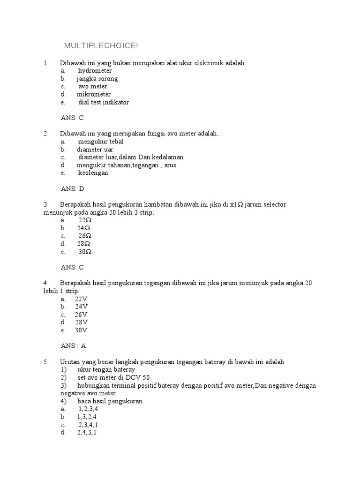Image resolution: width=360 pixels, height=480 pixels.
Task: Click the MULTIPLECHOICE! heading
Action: click(x=101, y=46)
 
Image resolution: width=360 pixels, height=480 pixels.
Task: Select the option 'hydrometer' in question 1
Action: click(x=95, y=71)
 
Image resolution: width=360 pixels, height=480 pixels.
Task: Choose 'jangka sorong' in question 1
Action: click(x=97, y=79)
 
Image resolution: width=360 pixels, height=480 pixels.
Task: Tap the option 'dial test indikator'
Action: click(x=103, y=102)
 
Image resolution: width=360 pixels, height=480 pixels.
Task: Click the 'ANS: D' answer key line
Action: click(x=73, y=189)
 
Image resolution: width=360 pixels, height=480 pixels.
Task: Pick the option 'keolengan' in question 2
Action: click(x=93, y=173)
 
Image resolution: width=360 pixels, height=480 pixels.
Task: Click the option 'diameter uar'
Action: click(x=95, y=150)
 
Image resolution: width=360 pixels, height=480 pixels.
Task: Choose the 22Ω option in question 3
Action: click(x=84, y=220)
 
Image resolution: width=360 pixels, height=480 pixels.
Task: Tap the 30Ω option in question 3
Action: click(x=84, y=252)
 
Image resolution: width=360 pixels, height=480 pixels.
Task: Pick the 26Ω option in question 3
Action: click(x=84, y=236)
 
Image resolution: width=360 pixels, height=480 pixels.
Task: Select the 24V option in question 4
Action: click(x=81, y=307)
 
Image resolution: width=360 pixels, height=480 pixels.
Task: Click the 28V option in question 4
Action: click(x=81, y=322)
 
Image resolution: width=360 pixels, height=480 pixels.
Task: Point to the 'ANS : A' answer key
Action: click(x=74, y=346)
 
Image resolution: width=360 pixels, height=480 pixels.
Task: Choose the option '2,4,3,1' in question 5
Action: click(x=87, y=433)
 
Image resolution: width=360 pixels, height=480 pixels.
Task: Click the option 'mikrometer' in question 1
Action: click(x=94, y=94)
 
